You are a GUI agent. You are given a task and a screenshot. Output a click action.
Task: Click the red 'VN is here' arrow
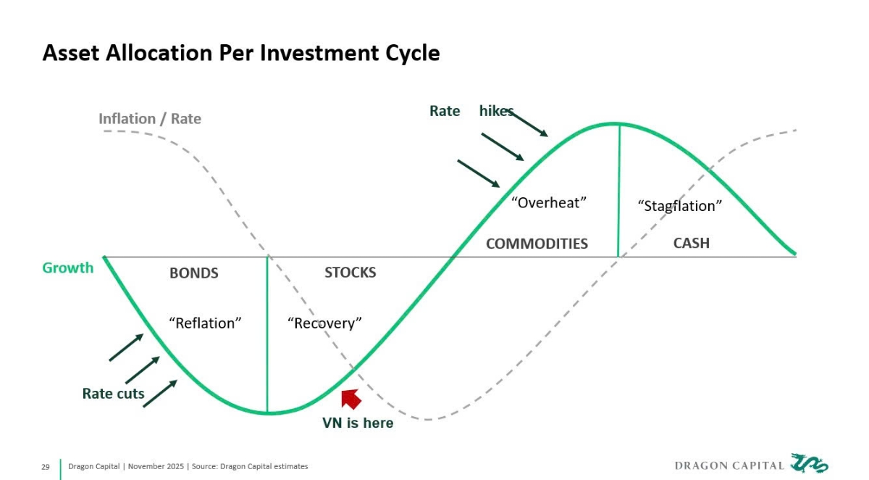351,399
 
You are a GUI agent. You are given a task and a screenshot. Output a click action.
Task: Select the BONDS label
193,273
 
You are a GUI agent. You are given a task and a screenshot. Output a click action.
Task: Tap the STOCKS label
350,273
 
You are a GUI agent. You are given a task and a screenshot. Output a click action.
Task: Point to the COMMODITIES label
537,244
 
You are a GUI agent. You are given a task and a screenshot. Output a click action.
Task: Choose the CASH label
691,243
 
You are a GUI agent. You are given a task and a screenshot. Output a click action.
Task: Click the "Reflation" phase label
205,323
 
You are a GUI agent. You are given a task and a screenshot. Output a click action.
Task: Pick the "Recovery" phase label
324,323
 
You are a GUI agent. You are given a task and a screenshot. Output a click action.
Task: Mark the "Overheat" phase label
547,202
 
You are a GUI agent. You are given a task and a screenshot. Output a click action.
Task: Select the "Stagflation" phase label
679,206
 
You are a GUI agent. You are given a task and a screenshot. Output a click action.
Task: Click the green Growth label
68,268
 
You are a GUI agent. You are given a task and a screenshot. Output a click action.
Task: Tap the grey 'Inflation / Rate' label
150,118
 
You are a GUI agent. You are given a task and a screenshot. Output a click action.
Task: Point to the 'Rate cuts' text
113,394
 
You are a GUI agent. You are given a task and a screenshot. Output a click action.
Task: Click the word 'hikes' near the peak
496,111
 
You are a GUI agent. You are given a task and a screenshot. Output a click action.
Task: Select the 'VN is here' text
358,423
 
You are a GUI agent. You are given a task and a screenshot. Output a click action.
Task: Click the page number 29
45,466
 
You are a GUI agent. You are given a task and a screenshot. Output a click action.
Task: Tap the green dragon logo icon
810,464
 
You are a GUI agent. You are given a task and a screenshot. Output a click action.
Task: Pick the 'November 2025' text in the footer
155,466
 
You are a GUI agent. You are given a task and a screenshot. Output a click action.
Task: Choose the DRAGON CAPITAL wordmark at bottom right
729,465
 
